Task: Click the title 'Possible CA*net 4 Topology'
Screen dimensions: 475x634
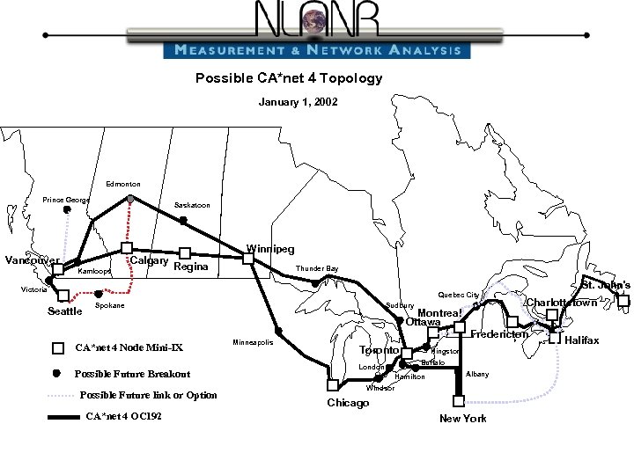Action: tap(289, 77)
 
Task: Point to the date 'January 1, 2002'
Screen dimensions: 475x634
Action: tap(291, 103)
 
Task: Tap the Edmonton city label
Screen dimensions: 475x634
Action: tap(123, 184)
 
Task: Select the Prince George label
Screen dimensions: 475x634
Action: tap(67, 201)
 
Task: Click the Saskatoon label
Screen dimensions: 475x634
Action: tap(192, 205)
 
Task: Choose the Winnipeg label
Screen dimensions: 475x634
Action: tap(270, 249)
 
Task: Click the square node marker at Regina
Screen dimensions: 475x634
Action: tap(185, 253)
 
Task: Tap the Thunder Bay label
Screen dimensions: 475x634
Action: tap(317, 268)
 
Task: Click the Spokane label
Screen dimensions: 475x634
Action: tap(109, 305)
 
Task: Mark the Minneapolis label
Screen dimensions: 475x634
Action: tap(253, 341)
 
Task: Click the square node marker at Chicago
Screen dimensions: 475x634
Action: tap(332, 385)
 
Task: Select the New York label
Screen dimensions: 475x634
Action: tap(462, 418)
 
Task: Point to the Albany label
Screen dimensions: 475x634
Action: tap(477, 374)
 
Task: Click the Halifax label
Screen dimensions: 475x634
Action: tap(581, 340)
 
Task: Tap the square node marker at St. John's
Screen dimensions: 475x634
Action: tap(623, 302)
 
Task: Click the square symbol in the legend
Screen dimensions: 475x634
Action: tap(59, 347)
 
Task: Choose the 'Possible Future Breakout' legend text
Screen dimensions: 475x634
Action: tap(133, 374)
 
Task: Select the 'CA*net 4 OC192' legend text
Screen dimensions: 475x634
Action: tap(122, 416)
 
